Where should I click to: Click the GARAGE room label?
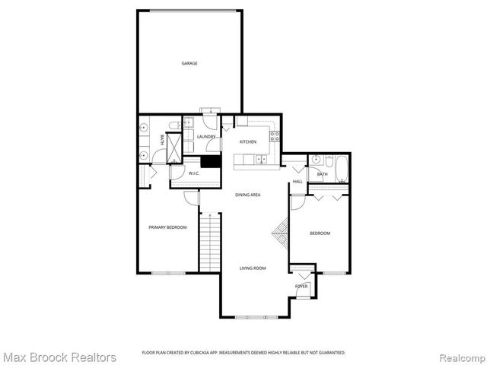[x=189, y=63]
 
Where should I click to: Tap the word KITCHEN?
[x=248, y=142]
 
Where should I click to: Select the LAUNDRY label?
[x=205, y=137]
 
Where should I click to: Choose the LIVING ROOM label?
[x=253, y=268]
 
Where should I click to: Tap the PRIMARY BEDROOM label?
[x=167, y=227]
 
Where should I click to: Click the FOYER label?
[x=301, y=286]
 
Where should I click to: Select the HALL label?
[x=298, y=182]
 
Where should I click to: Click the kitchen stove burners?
[x=275, y=137]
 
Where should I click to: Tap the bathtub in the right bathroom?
[x=341, y=168]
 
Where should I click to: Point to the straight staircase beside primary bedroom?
[x=210, y=242]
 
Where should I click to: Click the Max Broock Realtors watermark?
[x=59, y=357]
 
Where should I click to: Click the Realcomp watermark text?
[x=460, y=357]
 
